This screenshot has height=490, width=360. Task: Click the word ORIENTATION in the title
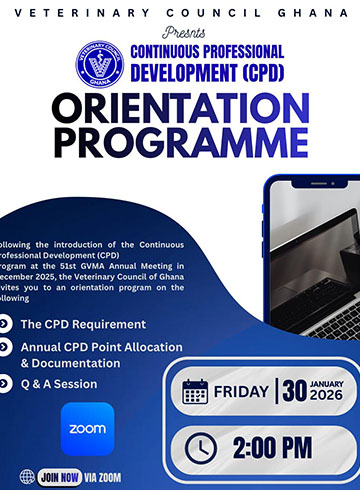pyautogui.click(x=180, y=110)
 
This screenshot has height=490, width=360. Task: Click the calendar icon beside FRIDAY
pyautogui.click(x=196, y=392)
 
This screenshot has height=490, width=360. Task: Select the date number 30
pyautogui.click(x=293, y=391)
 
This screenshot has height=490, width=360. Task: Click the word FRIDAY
pyautogui.click(x=240, y=392)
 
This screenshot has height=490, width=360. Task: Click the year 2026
pyautogui.click(x=327, y=397)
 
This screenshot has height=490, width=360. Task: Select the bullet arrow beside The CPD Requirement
pyautogui.click(x=7, y=324)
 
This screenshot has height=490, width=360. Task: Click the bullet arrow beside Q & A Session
pyautogui.click(x=7, y=384)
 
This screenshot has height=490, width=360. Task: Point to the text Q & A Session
pyautogui.click(x=59, y=384)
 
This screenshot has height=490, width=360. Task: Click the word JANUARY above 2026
pyautogui.click(x=328, y=384)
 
